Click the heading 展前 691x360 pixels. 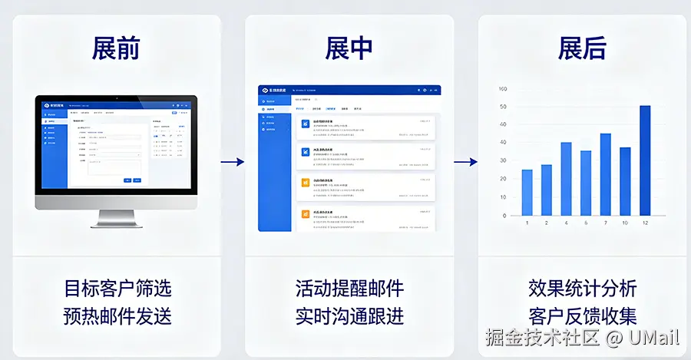click(x=116, y=48)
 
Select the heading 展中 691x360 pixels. click(x=349, y=48)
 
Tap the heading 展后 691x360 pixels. click(x=582, y=48)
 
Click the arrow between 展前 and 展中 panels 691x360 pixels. click(x=232, y=162)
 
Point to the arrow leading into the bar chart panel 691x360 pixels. click(x=465, y=162)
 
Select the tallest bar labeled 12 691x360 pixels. click(x=645, y=160)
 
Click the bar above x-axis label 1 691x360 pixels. click(x=527, y=192)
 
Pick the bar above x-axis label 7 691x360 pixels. click(x=605, y=174)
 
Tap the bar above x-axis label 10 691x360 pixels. click(x=625, y=181)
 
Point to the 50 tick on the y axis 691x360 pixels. click(x=503, y=107)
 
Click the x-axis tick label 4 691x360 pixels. click(x=566, y=223)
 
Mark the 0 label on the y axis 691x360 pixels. click(x=504, y=215)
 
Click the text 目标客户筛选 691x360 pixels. click(x=117, y=289)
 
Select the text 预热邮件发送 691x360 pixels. click(x=117, y=315)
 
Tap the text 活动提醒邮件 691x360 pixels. click(x=349, y=289)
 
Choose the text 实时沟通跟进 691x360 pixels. click(x=349, y=315)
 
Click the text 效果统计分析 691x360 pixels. click(x=583, y=289)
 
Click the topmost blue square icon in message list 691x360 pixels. click(x=305, y=123)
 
